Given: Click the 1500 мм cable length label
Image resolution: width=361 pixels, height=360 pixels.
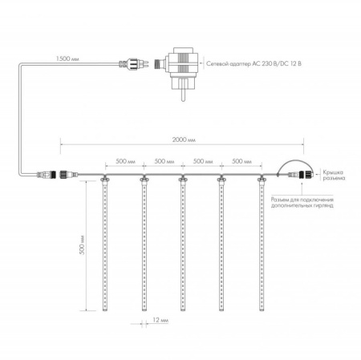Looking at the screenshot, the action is point(67,59).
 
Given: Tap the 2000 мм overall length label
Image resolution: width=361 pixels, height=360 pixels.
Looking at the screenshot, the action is point(184,140).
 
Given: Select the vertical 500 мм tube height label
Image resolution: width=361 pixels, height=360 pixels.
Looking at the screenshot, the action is point(82,245).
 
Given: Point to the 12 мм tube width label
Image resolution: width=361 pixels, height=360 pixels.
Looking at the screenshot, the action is point(160,320).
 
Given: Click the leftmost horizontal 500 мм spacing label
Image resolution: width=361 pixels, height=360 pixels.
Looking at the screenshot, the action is point(125,161).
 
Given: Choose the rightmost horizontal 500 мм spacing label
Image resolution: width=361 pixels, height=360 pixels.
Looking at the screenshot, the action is point(241,161).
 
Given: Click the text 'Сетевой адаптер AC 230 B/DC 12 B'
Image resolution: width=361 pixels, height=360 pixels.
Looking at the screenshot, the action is point(254,63).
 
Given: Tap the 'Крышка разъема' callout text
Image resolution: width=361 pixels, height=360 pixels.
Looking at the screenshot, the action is point(334,175).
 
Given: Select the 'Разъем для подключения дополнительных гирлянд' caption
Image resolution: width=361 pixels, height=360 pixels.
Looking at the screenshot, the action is point(302,203).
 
